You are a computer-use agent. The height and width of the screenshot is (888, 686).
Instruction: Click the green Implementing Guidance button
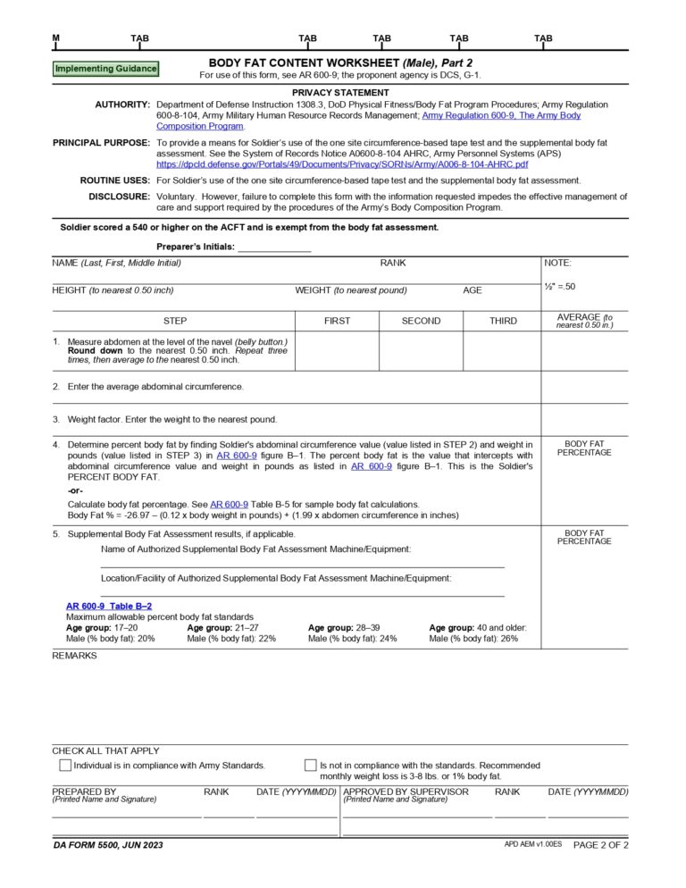105,69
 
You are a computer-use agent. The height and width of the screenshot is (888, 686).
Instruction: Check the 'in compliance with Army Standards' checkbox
65,766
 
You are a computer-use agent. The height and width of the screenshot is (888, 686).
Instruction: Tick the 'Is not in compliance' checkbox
311,766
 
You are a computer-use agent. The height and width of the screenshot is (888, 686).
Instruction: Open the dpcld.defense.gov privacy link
341,165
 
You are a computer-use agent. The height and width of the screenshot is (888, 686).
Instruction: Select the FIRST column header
337,321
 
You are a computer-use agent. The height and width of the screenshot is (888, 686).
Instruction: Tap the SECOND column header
421,321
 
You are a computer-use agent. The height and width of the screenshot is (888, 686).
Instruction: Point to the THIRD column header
502,321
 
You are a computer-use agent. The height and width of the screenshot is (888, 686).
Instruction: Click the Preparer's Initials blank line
274,247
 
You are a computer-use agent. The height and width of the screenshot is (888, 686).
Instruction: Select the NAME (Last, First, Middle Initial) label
117,263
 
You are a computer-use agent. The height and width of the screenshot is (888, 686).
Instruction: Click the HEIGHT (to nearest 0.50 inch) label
113,290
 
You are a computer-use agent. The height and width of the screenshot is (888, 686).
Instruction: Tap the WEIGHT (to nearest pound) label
351,290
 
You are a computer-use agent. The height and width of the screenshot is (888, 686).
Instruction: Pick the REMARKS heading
74,656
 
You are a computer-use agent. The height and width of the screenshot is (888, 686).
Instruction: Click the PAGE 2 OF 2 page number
600,845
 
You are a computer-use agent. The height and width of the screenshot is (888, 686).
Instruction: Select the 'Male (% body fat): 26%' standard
473,639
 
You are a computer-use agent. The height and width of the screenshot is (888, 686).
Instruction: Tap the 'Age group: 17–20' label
102,628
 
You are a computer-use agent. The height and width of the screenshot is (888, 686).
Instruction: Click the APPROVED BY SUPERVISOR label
406,792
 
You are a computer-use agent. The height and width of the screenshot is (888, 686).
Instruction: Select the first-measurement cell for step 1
337,350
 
